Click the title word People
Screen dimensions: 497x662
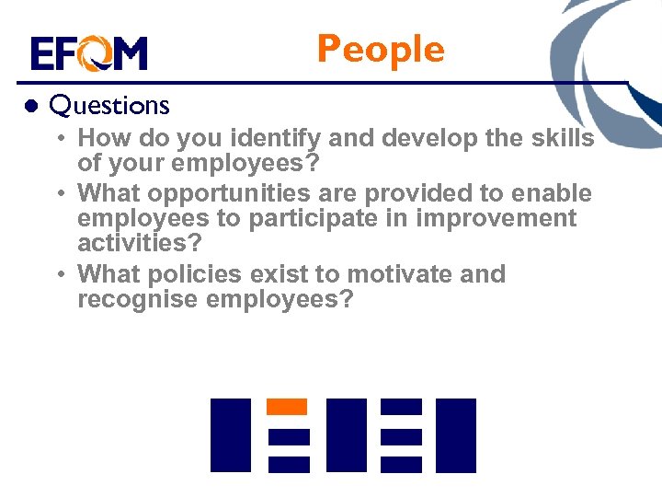tap(380, 50)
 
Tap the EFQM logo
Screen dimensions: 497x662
tap(88, 54)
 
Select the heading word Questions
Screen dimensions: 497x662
tap(109, 106)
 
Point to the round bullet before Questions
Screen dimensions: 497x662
tap(30, 106)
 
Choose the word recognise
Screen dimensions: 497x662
tap(136, 300)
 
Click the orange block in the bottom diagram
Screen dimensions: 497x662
tap(286, 406)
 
